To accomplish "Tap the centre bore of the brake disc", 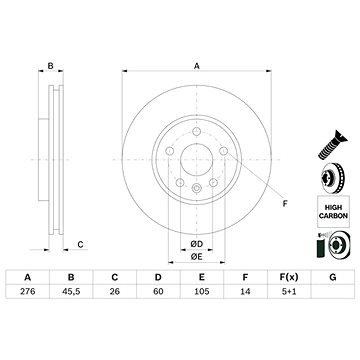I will (195, 163).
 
